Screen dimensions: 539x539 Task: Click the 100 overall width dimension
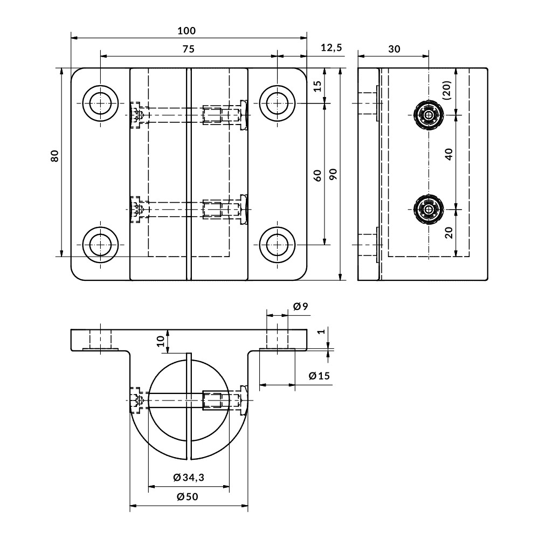click(187, 31)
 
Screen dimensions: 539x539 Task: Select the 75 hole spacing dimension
click(187, 49)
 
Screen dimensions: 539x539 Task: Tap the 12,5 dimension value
click(331, 48)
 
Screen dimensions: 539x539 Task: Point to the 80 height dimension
click(54, 156)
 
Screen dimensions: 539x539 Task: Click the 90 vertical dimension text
click(333, 174)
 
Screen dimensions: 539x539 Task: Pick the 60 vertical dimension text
click(317, 175)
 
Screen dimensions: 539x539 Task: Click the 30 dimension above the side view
click(394, 49)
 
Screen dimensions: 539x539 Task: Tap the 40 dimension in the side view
click(448, 155)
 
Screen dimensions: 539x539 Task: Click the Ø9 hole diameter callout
click(301, 307)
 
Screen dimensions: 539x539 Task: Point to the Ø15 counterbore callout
click(319, 376)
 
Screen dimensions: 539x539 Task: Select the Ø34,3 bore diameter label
click(189, 478)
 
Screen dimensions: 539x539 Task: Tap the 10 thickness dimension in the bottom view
click(160, 341)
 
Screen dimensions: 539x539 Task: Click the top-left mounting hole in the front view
click(101, 103)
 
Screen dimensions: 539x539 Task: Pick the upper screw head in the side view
click(429, 115)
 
